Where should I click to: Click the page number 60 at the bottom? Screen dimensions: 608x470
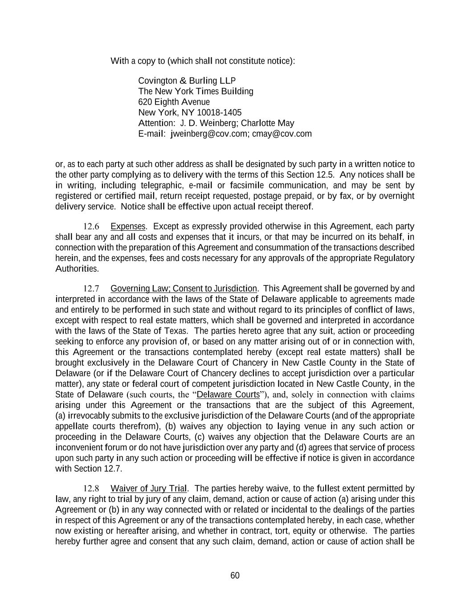235,575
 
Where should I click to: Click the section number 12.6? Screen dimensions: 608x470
91,227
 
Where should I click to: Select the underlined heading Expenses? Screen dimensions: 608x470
128,227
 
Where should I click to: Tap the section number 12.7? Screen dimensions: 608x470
91,289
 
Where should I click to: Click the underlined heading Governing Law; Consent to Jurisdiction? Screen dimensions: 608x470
184,289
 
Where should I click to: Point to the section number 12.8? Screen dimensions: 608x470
91,489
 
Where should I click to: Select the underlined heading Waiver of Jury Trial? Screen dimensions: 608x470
149,489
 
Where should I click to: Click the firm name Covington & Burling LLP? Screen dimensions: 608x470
187,81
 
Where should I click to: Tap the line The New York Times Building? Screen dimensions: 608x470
196,91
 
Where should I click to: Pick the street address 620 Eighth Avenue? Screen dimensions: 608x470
174,102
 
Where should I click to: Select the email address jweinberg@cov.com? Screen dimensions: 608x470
209,134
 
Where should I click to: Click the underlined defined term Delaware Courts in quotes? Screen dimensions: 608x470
228,395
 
